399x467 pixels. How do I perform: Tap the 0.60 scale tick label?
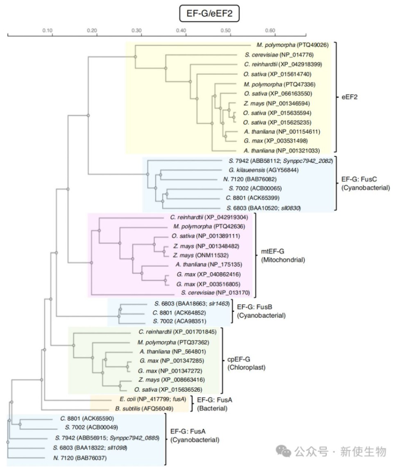[x=270, y=30]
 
